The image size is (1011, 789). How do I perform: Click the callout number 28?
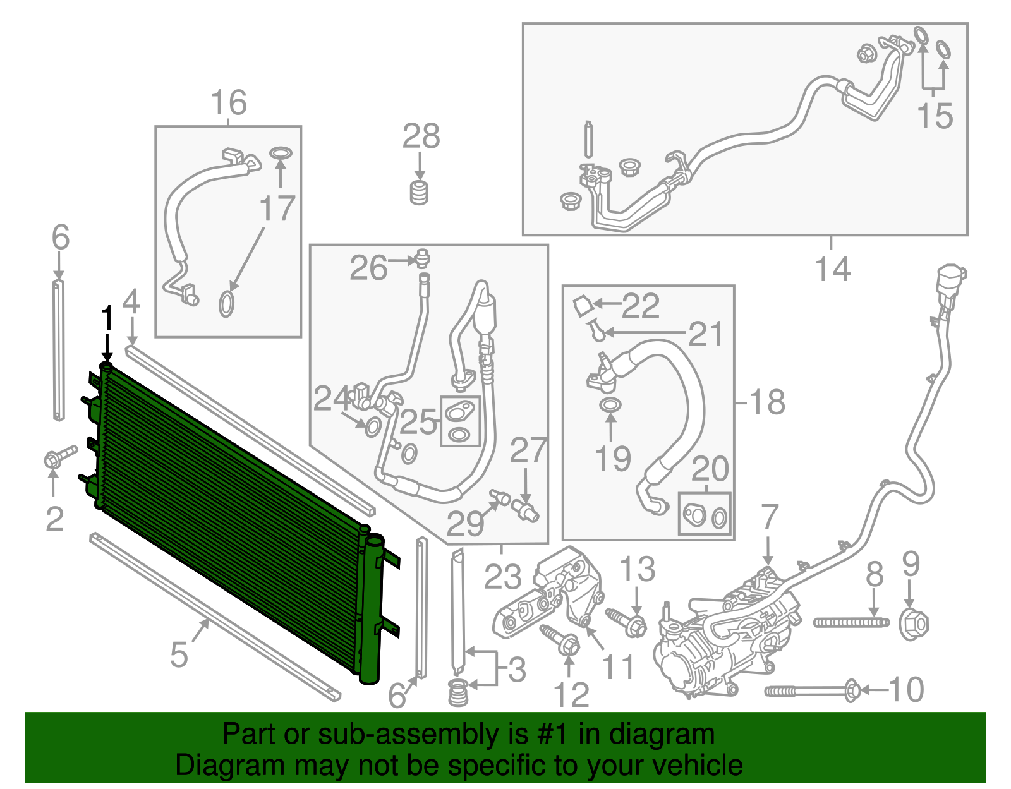(x=421, y=136)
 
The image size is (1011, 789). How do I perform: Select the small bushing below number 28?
(x=418, y=192)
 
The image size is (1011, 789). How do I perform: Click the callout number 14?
(x=833, y=270)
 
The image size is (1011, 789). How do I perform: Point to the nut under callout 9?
(x=914, y=624)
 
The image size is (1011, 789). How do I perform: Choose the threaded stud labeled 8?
(x=851, y=623)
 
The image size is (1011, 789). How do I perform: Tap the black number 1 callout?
(x=107, y=319)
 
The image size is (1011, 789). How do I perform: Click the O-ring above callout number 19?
(x=610, y=404)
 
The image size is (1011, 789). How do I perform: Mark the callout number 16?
(x=228, y=102)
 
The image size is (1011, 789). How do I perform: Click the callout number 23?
(x=503, y=576)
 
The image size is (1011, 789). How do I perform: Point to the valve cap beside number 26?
(x=423, y=259)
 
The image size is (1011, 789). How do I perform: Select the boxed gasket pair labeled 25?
(x=460, y=421)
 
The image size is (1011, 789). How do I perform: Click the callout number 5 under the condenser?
(x=179, y=654)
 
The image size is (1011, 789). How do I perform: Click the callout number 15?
(x=935, y=117)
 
